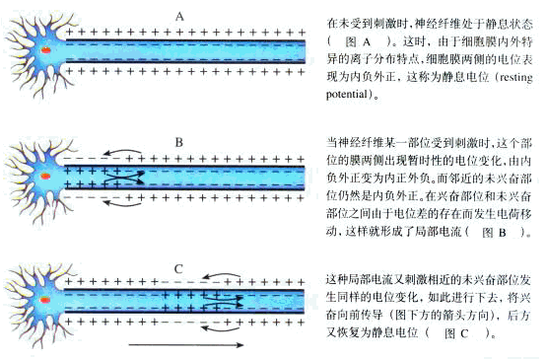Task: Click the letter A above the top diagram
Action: (x=179, y=17)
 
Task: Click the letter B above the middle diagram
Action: (x=179, y=142)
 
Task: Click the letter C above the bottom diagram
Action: (x=178, y=269)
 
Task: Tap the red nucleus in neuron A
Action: (x=45, y=50)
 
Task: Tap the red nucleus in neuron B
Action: (x=45, y=176)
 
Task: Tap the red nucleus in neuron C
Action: (x=44, y=300)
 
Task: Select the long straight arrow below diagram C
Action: (x=186, y=345)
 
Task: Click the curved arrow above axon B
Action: (x=122, y=150)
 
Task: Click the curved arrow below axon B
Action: (x=122, y=204)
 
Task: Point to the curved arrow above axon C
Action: (x=222, y=274)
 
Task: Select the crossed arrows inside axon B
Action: (x=125, y=177)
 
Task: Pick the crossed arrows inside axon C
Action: (x=224, y=302)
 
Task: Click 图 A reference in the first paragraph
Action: (x=357, y=42)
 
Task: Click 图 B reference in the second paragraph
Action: (x=494, y=232)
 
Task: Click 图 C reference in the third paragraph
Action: (x=456, y=333)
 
